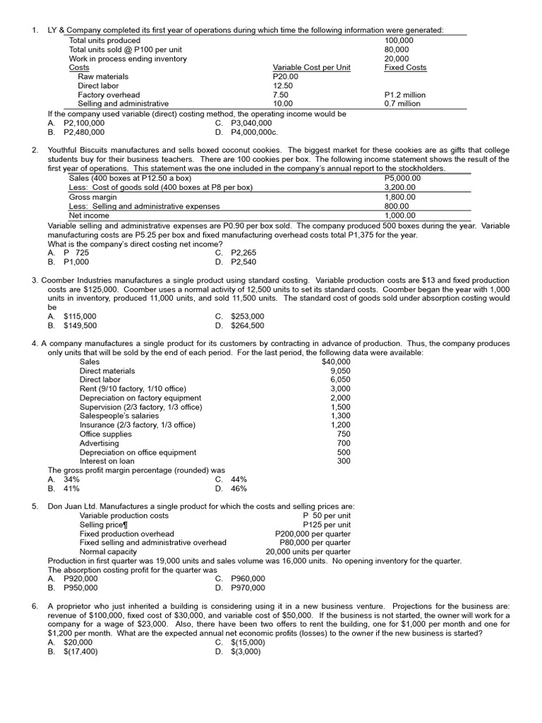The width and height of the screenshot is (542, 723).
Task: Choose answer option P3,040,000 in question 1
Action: click(251, 122)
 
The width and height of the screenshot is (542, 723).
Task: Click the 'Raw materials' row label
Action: click(103, 76)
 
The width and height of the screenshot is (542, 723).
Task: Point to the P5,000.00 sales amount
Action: click(402, 179)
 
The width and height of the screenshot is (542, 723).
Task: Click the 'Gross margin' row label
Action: click(92, 197)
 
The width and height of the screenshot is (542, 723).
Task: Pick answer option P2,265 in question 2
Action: click(248, 253)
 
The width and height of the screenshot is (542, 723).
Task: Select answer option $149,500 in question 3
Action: click(80, 325)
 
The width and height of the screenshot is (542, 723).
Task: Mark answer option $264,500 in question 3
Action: click(248, 325)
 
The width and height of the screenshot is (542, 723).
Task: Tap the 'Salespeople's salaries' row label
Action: click(118, 416)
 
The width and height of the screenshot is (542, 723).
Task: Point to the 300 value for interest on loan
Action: click(343, 461)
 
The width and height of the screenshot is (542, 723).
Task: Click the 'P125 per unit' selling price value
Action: click(326, 525)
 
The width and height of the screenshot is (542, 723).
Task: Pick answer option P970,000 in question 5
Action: click(248, 587)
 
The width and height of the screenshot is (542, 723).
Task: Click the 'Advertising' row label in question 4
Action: click(99, 443)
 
